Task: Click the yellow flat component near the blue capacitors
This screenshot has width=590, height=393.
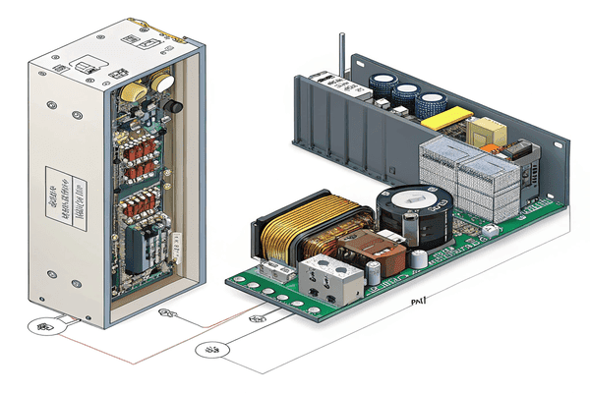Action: [x=451, y=117]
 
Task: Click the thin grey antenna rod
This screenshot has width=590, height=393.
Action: [x=339, y=54]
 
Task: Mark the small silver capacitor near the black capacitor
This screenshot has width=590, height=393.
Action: [x=420, y=258]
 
